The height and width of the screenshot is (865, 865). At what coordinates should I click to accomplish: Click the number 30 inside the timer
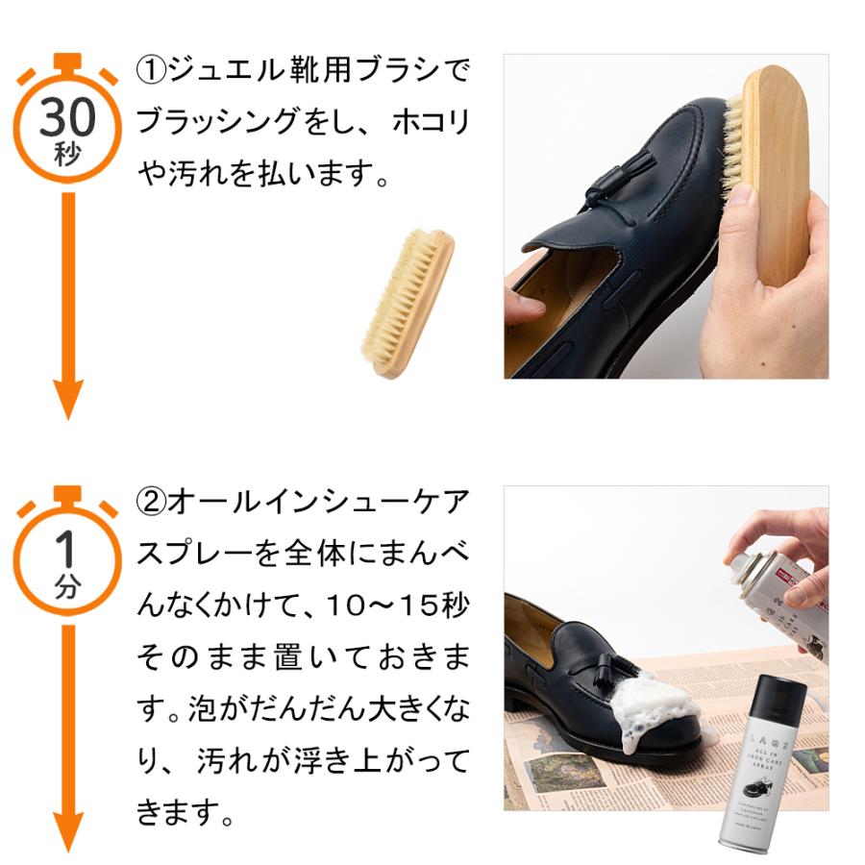point(66,118)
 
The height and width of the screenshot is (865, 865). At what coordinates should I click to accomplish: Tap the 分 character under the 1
point(66,588)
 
